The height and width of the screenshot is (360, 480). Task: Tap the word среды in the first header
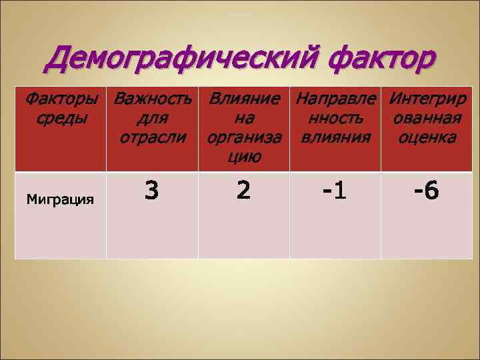60,119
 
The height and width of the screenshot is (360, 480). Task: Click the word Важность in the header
153,101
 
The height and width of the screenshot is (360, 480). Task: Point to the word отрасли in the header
152,138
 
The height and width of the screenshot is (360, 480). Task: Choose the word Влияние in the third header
245,101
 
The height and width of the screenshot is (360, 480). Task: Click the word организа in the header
244,138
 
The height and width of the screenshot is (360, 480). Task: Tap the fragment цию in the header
244,157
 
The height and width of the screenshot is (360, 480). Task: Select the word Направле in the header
336,101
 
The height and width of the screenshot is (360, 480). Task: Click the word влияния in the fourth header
335,138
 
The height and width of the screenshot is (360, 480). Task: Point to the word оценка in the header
427,138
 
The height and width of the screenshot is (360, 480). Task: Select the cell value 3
152,191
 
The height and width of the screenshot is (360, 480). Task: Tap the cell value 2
244,191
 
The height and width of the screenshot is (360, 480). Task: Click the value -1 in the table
335,192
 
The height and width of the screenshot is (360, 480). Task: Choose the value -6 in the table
426,192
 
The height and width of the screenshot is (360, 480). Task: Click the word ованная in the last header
427,119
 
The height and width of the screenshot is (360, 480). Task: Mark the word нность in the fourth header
335,119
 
